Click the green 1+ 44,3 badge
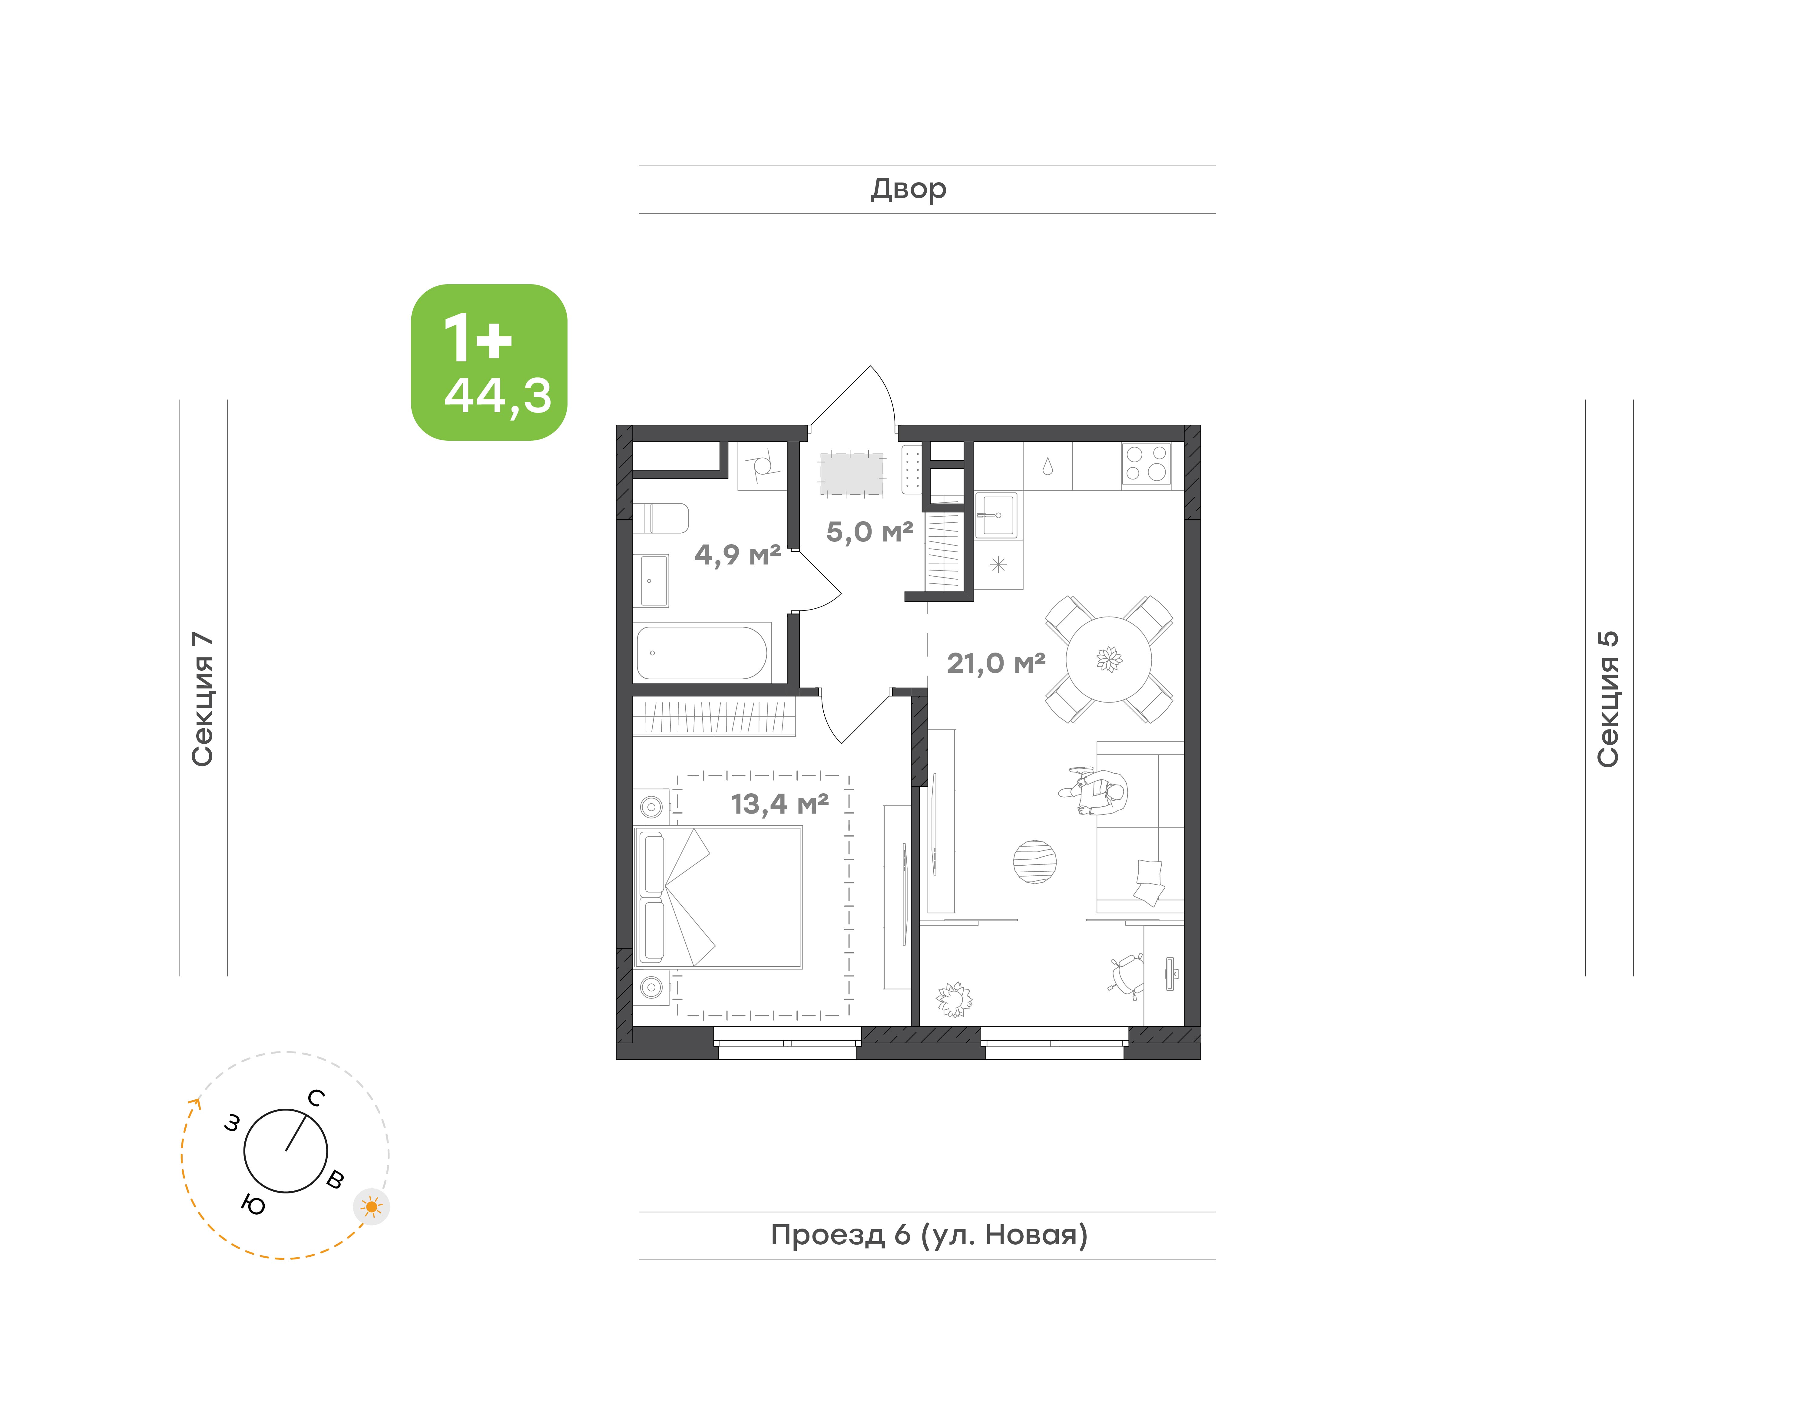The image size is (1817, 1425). tap(489, 362)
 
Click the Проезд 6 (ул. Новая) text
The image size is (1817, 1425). tap(929, 1235)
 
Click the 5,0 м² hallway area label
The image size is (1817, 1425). tap(870, 531)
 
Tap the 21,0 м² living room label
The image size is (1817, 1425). tap(996, 663)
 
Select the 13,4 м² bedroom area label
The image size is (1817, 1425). tap(779, 803)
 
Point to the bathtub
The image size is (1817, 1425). tap(702, 653)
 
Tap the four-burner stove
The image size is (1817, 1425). tap(1146, 464)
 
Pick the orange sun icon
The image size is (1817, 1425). tap(371, 1206)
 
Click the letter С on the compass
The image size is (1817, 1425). tap(316, 1098)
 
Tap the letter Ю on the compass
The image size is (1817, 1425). tap(253, 1205)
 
